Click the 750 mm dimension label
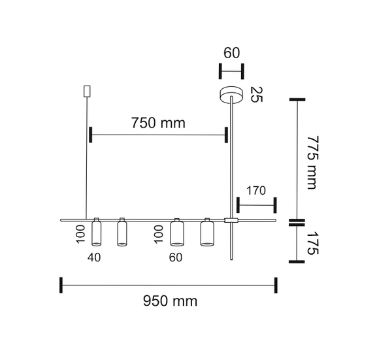158,123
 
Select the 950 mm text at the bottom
170,301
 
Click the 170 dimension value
255,191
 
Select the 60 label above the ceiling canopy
231,53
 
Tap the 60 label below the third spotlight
175,257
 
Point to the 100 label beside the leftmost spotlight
80,234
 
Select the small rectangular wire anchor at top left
86,91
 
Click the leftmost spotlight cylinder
96,233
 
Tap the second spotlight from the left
122,234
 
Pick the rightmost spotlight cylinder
207,234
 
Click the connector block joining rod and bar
231,221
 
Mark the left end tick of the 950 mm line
61,285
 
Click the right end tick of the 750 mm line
227,135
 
